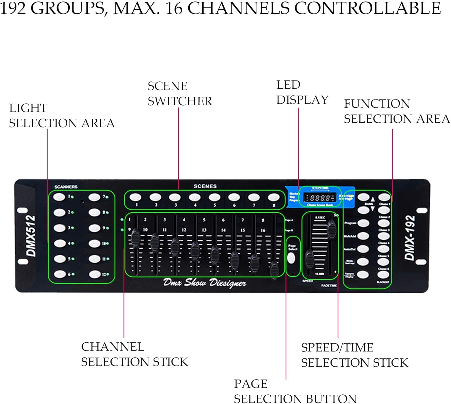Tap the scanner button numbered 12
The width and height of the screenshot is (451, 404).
pyautogui.click(x=94, y=274)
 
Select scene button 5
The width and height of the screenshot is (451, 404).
pyautogui.click(x=214, y=197)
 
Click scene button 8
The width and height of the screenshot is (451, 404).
pyautogui.click(x=273, y=197)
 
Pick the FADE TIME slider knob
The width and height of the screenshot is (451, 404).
pyautogui.click(x=331, y=229)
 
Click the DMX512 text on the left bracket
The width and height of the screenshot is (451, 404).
pyautogui.click(x=31, y=236)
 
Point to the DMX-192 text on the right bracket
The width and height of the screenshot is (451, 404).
pyautogui.click(x=410, y=237)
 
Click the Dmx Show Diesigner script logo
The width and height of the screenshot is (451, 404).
pyautogui.click(x=204, y=283)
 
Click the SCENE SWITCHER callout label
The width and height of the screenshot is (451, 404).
pyautogui.click(x=179, y=93)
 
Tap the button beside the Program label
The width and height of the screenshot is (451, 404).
pyautogui.click(x=364, y=223)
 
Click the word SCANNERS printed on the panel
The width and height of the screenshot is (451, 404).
pyautogui.click(x=66, y=187)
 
